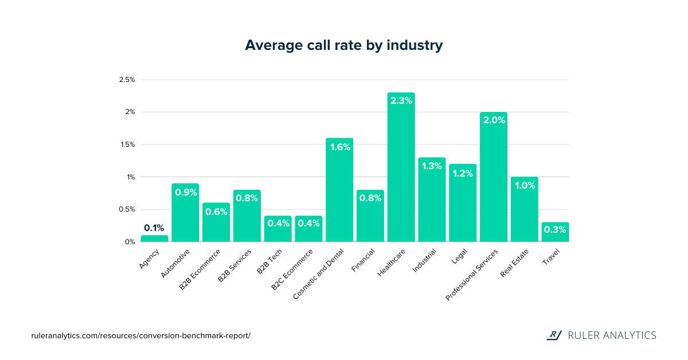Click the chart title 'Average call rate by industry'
tap(343, 45)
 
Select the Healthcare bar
tap(401, 172)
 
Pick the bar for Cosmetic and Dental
tap(339, 195)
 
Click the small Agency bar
tap(155, 238)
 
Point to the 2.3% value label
tap(401, 100)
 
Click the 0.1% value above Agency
tap(155, 228)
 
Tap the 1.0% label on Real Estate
tap(524, 185)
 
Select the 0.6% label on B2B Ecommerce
tap(216, 212)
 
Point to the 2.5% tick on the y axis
tap(127, 80)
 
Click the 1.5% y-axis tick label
tap(127, 144)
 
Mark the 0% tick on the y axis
tap(130, 242)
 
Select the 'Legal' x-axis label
tap(459, 256)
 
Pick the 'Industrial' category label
tap(425, 260)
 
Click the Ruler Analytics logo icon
tap(554, 335)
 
